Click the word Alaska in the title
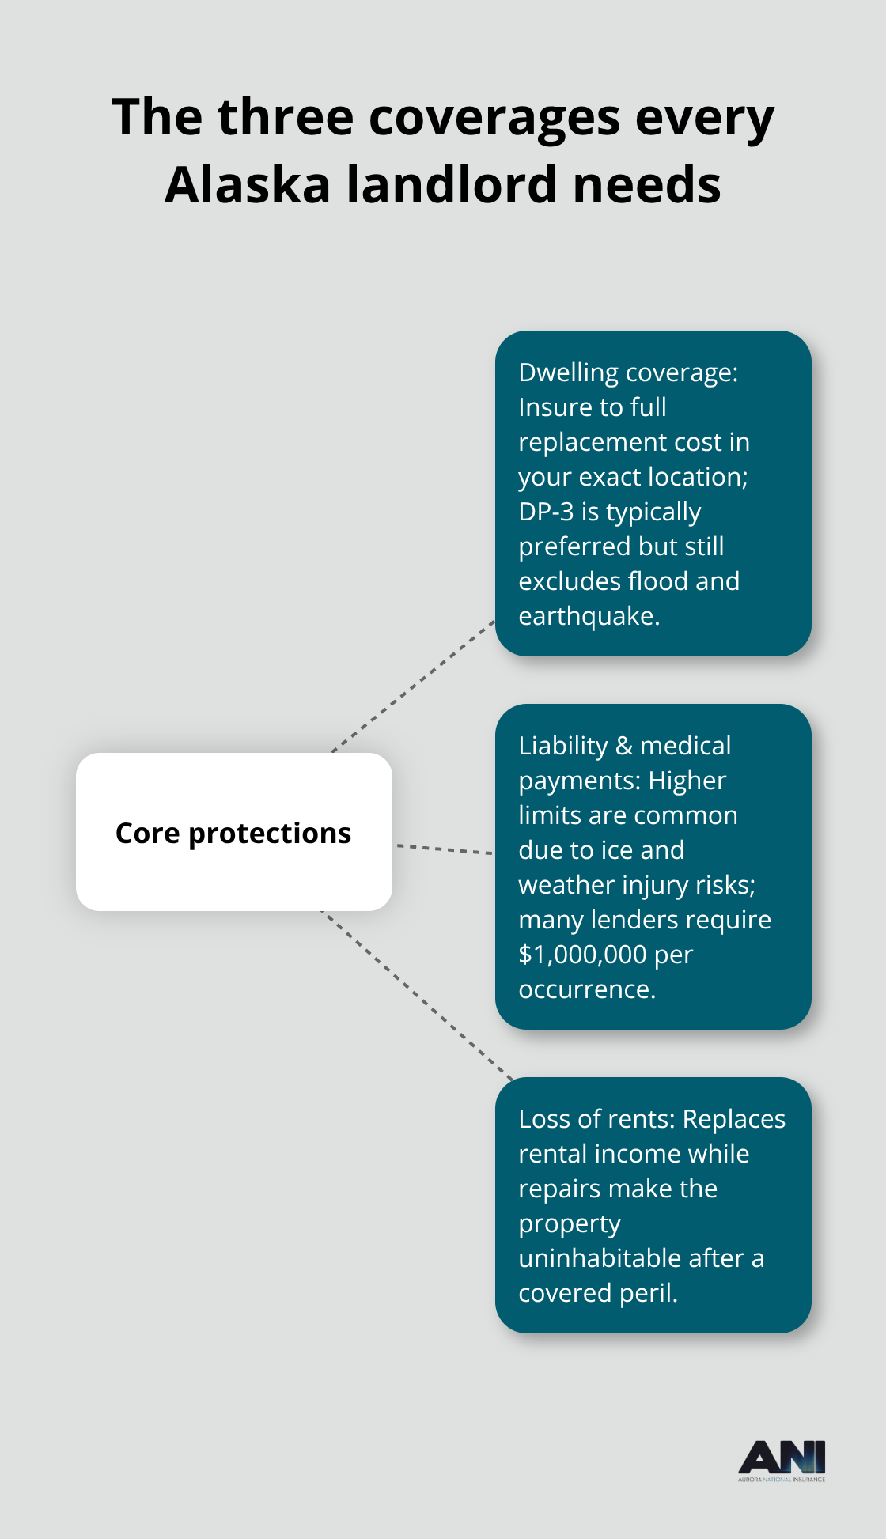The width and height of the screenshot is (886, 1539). [247, 185]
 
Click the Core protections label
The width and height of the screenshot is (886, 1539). [233, 833]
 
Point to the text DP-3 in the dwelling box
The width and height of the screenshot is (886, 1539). [546, 512]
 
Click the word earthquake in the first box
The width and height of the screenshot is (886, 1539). [588, 616]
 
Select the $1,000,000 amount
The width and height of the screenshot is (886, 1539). [582, 955]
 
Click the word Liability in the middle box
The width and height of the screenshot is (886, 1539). [562, 746]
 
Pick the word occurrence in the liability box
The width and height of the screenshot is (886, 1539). [586, 989]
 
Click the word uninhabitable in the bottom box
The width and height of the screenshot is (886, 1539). [600, 1258]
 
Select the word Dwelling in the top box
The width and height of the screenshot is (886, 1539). [568, 372]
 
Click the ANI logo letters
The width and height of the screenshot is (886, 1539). [782, 1457]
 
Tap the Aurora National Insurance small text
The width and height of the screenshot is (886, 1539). [782, 1479]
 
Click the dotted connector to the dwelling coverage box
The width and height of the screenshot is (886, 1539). [413, 686]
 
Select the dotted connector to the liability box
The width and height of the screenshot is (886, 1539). [444, 849]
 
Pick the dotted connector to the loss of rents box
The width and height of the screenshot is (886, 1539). [417, 995]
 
